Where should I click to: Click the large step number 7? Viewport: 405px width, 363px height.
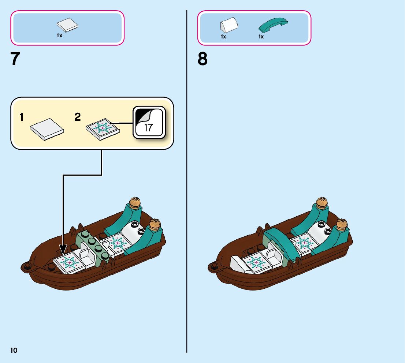pyautogui.click(x=15, y=59)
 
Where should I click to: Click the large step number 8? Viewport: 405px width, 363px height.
pyautogui.click(x=202, y=59)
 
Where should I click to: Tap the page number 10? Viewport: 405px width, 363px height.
pyautogui.click(x=14, y=351)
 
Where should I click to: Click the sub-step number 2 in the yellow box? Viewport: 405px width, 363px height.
pyautogui.click(x=78, y=117)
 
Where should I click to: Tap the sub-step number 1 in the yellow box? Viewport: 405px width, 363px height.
pyautogui.click(x=22, y=117)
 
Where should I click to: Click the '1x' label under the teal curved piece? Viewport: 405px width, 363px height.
pyautogui.click(x=261, y=37)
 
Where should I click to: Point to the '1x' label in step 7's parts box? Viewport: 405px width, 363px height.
pyautogui.click(x=59, y=36)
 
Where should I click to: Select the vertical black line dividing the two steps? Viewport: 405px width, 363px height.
pyautogui.click(x=187, y=183)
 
